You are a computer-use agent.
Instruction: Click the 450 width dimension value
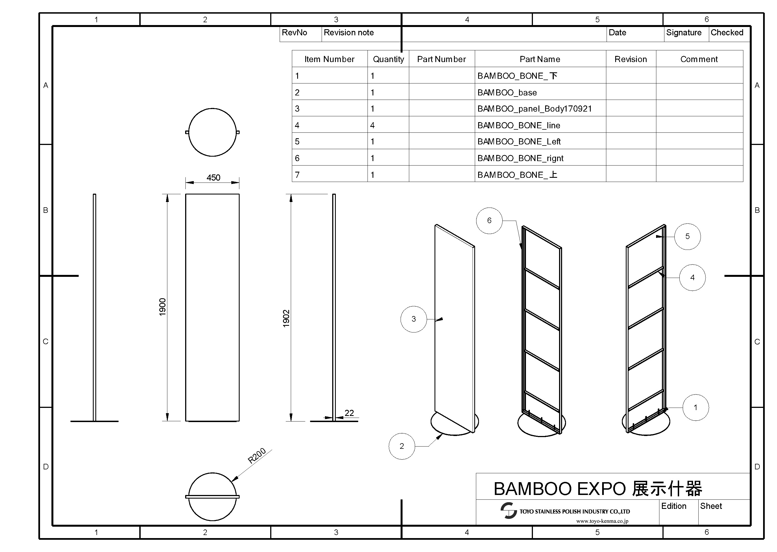pyautogui.click(x=213, y=178)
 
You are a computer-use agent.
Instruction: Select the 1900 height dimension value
pyautogui.click(x=163, y=307)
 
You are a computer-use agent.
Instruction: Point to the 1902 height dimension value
pyautogui.click(x=286, y=319)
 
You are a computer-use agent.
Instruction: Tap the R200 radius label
pyautogui.click(x=257, y=456)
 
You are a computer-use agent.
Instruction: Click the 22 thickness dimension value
pyautogui.click(x=349, y=413)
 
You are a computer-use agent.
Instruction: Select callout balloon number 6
pyautogui.click(x=489, y=221)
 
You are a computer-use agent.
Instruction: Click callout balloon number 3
pyautogui.click(x=414, y=319)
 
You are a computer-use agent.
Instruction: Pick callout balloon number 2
pyautogui.click(x=402, y=446)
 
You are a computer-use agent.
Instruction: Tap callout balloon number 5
pyautogui.click(x=687, y=236)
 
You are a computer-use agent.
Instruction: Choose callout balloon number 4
pyautogui.click(x=692, y=278)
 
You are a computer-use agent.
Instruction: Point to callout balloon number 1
pyautogui.click(x=696, y=408)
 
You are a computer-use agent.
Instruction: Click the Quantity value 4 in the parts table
pyautogui.click(x=373, y=125)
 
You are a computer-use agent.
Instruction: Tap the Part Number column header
pyautogui.click(x=441, y=59)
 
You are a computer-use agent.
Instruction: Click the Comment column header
pyautogui.click(x=699, y=59)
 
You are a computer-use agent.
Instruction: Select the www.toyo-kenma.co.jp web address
pyautogui.click(x=602, y=521)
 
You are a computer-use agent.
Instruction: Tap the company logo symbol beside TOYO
pyautogui.click(x=508, y=511)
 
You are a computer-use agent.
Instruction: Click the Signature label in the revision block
pyautogui.click(x=684, y=33)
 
